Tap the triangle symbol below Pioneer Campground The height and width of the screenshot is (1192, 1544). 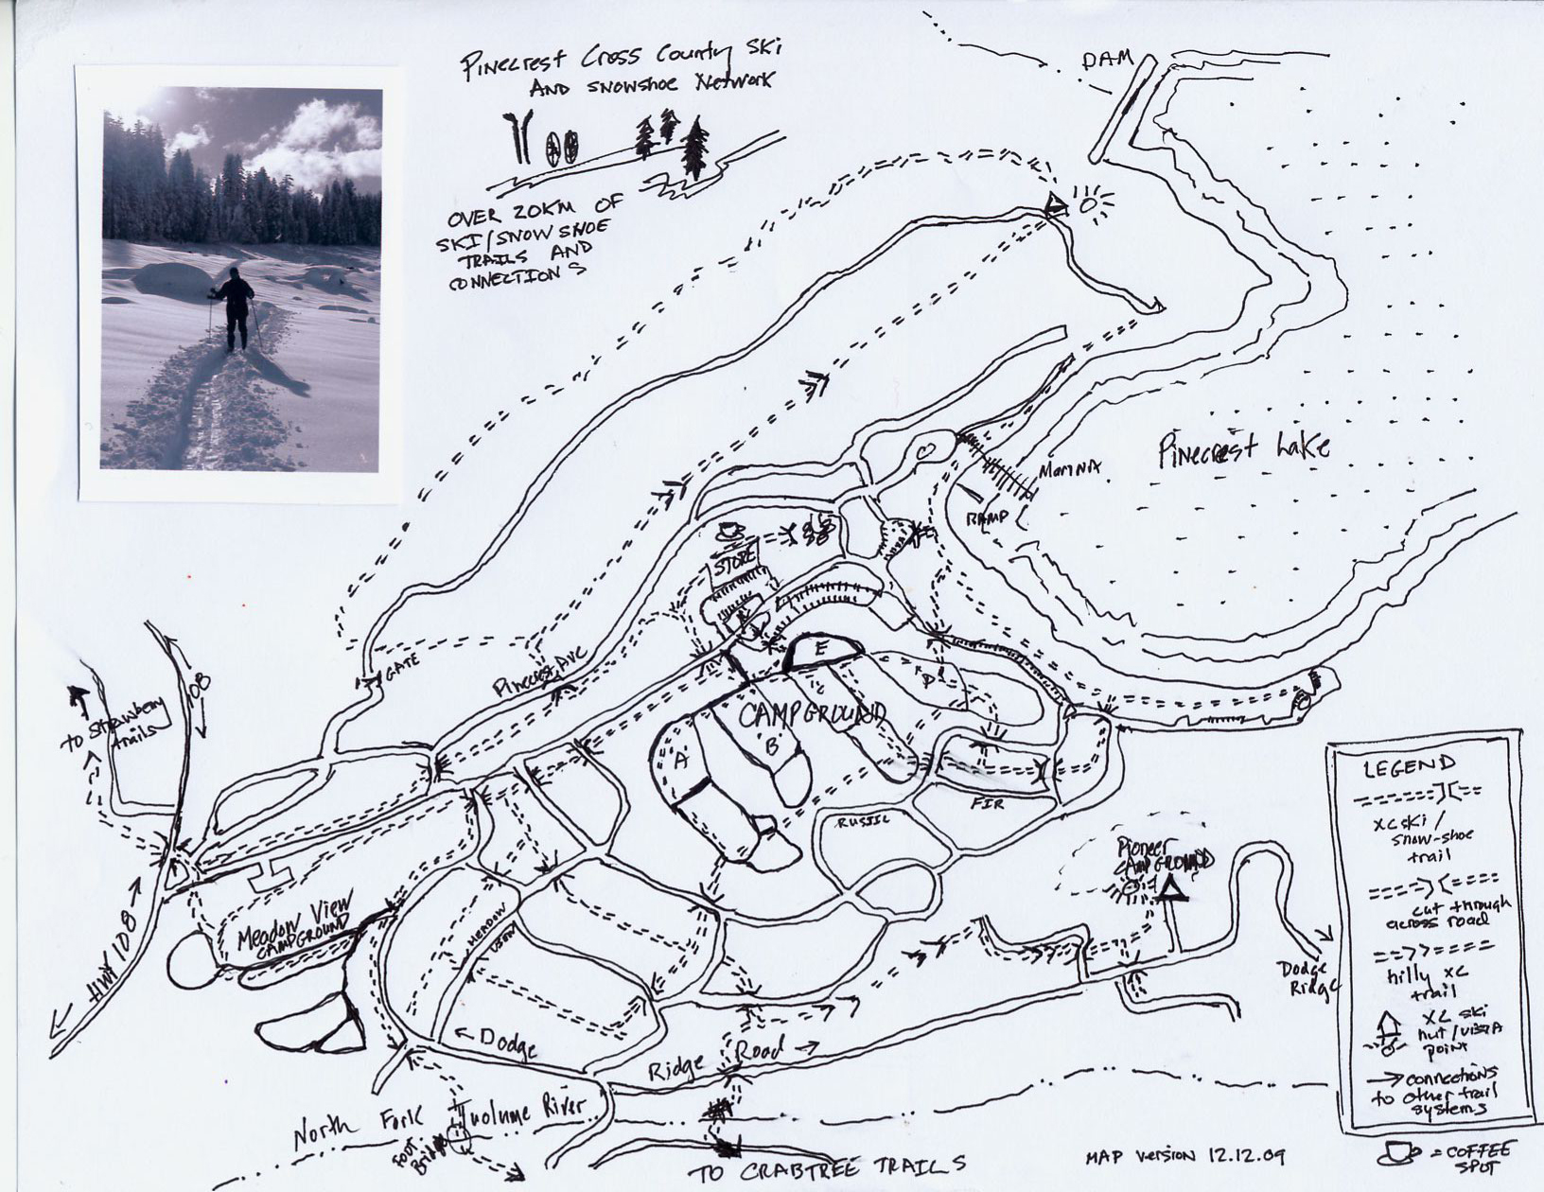pyautogui.click(x=1171, y=888)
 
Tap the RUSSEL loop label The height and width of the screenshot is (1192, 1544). pyautogui.click(x=863, y=822)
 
